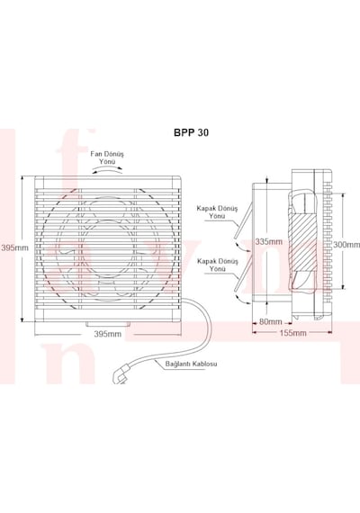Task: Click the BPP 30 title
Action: (191, 132)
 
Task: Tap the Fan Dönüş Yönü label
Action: (107, 157)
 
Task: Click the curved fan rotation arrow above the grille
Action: (107, 168)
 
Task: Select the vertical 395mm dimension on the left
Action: (14, 247)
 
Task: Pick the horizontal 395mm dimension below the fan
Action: (108, 334)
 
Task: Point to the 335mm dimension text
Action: (269, 241)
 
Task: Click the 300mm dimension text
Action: (346, 245)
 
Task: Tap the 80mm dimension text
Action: (271, 321)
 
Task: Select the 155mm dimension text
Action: (293, 333)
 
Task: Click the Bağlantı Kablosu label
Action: (191, 364)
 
